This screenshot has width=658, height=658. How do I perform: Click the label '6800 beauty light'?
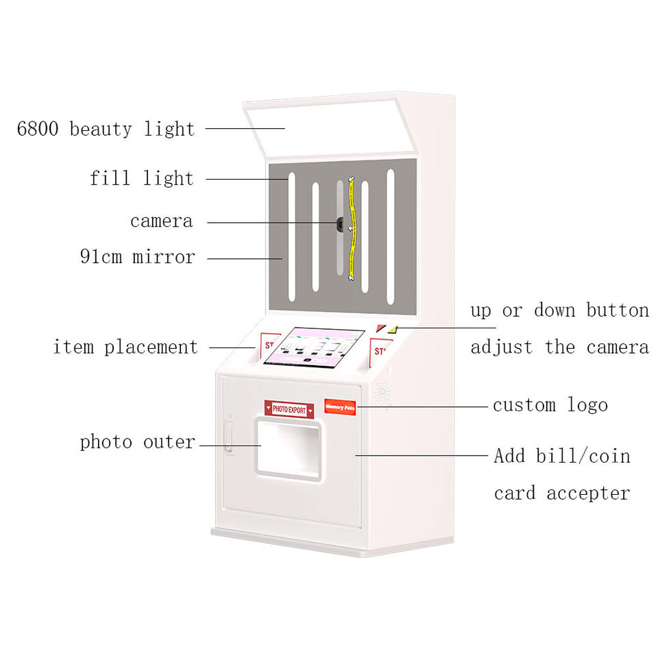pos(106,129)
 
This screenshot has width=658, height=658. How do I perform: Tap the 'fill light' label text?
pos(142,179)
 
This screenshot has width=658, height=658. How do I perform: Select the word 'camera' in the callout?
pos(162,221)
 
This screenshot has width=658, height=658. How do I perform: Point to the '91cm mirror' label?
pos(137,258)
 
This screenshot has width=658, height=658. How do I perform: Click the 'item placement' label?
pos(126,348)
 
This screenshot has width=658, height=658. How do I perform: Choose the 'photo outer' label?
pos(138,442)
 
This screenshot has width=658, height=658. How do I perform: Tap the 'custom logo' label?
pos(550,405)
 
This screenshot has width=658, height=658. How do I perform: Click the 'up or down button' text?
pos(559,310)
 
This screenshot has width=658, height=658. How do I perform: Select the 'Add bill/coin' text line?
pos(561,456)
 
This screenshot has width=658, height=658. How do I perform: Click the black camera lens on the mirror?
pos(340,223)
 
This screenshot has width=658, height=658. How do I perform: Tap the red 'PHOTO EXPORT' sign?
pos(289,409)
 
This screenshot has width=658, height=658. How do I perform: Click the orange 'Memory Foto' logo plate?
pos(340,406)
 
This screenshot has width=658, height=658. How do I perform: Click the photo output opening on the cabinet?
pos(289,449)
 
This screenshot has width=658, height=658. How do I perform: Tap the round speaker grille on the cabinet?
pos(382,392)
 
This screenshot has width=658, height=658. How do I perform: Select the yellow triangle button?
pos(392,329)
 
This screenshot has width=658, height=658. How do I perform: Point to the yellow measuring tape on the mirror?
pos(352,226)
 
